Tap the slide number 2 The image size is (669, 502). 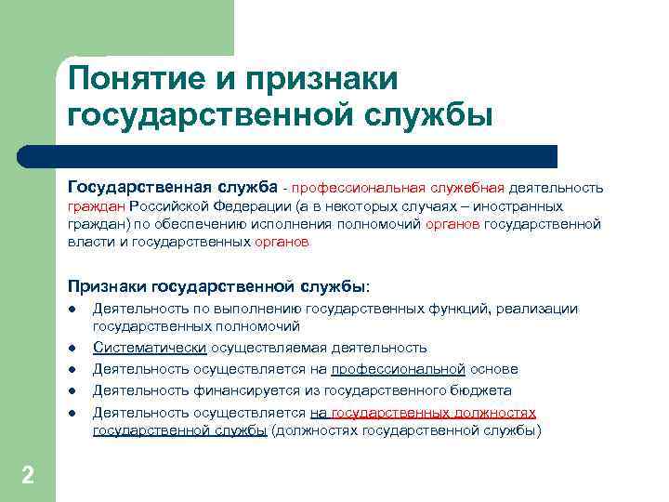[27, 476]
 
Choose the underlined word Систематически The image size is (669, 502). [150, 348]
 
